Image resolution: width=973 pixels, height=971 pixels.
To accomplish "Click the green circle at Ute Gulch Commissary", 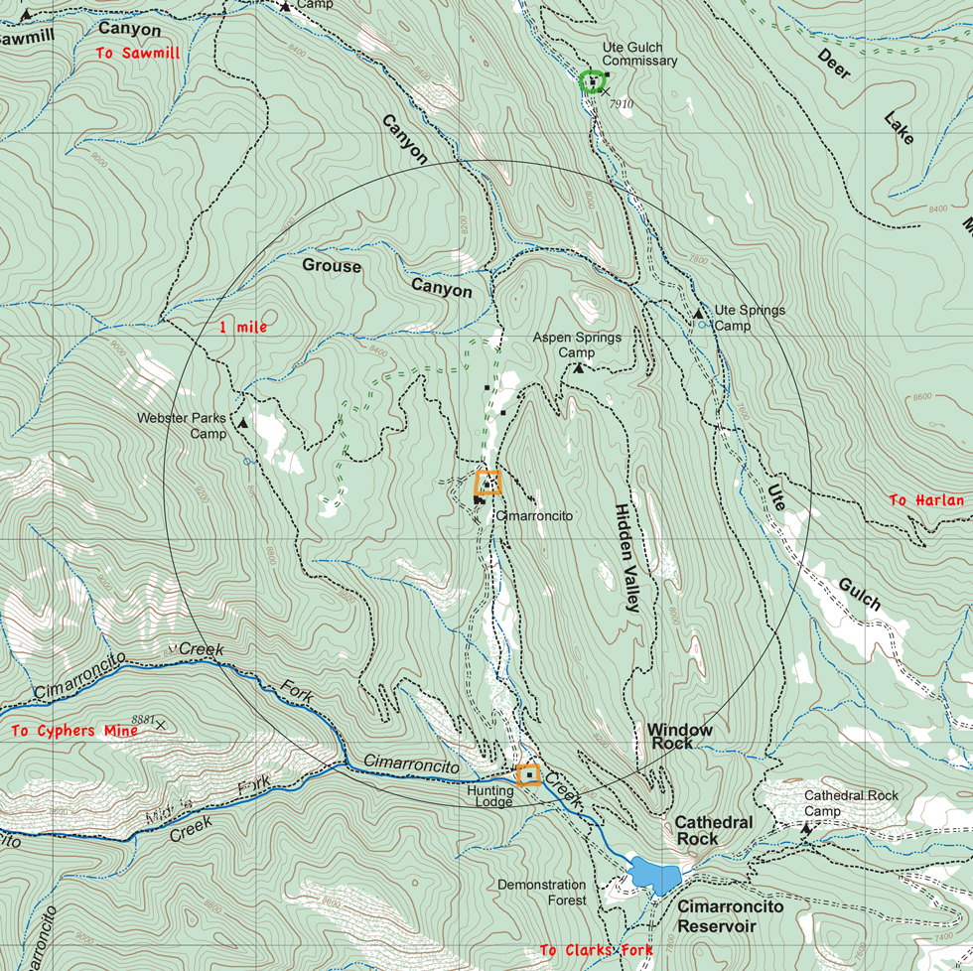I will (x=593, y=81).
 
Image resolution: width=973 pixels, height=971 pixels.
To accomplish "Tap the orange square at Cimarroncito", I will (x=487, y=483).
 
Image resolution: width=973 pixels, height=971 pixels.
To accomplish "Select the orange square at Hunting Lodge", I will (x=528, y=773).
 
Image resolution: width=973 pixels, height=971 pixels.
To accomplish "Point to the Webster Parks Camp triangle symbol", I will (x=243, y=423).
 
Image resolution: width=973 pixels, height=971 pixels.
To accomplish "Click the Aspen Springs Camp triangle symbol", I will (x=579, y=369).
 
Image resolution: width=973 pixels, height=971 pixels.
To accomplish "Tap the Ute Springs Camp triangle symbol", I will (x=698, y=314).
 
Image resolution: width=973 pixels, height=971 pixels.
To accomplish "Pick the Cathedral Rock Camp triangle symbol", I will (x=805, y=827).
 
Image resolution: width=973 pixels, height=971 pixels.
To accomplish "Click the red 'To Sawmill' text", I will (x=138, y=54).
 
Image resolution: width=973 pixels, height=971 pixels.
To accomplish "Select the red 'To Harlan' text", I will (x=925, y=500).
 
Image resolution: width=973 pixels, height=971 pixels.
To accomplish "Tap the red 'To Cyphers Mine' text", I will (x=74, y=731).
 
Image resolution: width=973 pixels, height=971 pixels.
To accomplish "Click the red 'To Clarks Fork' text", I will (x=596, y=950).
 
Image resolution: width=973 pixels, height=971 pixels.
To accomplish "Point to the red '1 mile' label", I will (x=243, y=327).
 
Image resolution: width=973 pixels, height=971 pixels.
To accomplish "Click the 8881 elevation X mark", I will (x=160, y=725).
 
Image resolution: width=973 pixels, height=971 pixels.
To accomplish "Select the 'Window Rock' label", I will (x=679, y=736).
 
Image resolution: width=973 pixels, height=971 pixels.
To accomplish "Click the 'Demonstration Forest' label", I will (x=541, y=893).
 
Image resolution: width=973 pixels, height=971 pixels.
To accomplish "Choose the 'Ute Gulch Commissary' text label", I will (x=639, y=55).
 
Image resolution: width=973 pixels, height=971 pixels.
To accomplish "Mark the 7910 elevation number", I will (x=622, y=103).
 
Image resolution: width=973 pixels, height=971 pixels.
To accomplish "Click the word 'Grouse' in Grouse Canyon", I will (x=332, y=266).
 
